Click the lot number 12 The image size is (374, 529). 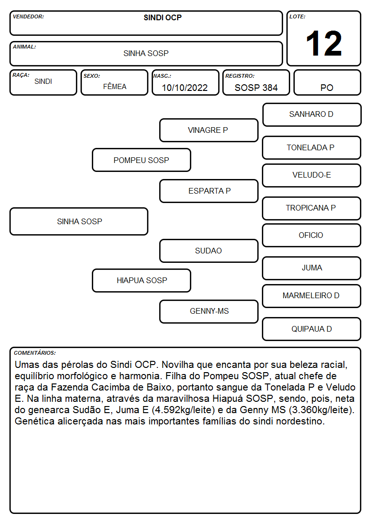tap(324, 43)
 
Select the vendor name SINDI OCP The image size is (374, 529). tap(163, 17)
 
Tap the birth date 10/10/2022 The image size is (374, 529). tap(185, 88)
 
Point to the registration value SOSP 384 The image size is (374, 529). tap(256, 88)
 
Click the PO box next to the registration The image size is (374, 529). tap(327, 82)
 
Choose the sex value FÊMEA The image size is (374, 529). tap(114, 86)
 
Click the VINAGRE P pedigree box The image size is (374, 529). tap(209, 130)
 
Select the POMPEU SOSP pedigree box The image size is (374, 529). tap(141, 160)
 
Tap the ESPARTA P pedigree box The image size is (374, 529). tap(209, 191)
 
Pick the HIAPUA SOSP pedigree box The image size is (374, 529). tap(141, 280)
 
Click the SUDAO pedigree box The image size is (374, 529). tap(209, 251)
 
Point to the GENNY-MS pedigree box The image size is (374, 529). tap(209, 311)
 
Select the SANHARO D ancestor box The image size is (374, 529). tap(312, 115)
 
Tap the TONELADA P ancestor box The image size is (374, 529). tap(312, 148)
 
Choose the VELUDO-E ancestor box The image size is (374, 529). tap(312, 175)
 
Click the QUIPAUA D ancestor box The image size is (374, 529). tap(312, 329)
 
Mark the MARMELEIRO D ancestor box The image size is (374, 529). tap(312, 296)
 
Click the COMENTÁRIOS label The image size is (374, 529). tap(35, 353)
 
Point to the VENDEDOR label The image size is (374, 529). tap(28, 16)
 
